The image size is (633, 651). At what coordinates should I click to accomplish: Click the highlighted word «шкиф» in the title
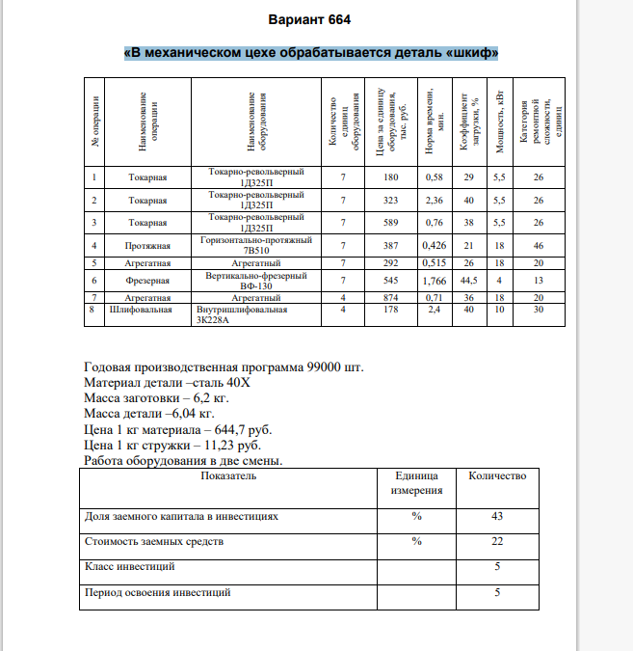[x=472, y=52]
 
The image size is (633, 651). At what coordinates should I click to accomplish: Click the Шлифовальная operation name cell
[x=142, y=311]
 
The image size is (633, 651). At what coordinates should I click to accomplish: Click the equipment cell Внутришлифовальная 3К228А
[x=242, y=316]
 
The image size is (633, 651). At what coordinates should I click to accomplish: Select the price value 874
[x=390, y=299]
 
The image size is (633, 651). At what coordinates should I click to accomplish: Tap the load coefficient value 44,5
[x=469, y=281]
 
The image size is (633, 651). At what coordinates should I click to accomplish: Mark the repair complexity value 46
[x=539, y=246]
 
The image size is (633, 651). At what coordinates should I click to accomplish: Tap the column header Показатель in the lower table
[x=227, y=476]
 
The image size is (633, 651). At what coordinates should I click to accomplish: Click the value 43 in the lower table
[x=497, y=516]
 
